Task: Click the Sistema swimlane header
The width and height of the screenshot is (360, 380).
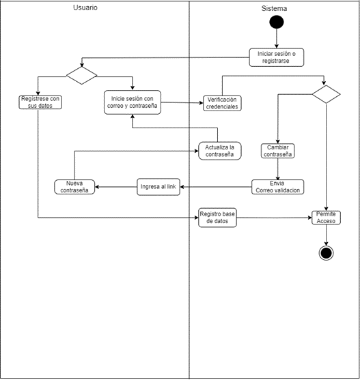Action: [274, 9]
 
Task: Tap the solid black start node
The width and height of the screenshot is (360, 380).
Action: [276, 23]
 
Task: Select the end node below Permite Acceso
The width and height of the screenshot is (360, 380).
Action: [326, 252]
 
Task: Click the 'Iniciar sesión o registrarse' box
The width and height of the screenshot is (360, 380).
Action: [276, 57]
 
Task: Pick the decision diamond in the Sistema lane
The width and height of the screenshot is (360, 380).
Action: [326, 93]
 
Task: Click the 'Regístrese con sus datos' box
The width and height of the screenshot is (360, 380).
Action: [40, 102]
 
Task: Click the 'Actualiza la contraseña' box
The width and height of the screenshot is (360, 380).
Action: [219, 151]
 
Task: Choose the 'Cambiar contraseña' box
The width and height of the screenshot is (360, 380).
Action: [277, 151]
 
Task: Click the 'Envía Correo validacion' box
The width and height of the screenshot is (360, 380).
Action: [277, 186]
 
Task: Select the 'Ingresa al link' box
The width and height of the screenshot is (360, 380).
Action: [158, 187]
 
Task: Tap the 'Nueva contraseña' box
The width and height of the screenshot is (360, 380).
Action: [75, 187]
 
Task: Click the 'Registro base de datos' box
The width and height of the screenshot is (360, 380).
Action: [217, 218]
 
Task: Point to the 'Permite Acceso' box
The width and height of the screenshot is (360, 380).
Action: [326, 218]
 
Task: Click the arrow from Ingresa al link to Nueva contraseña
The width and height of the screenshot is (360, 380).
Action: [116, 187]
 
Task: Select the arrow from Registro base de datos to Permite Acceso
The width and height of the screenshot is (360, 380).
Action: [273, 218]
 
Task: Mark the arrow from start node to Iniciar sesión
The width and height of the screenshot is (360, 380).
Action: [276, 39]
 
